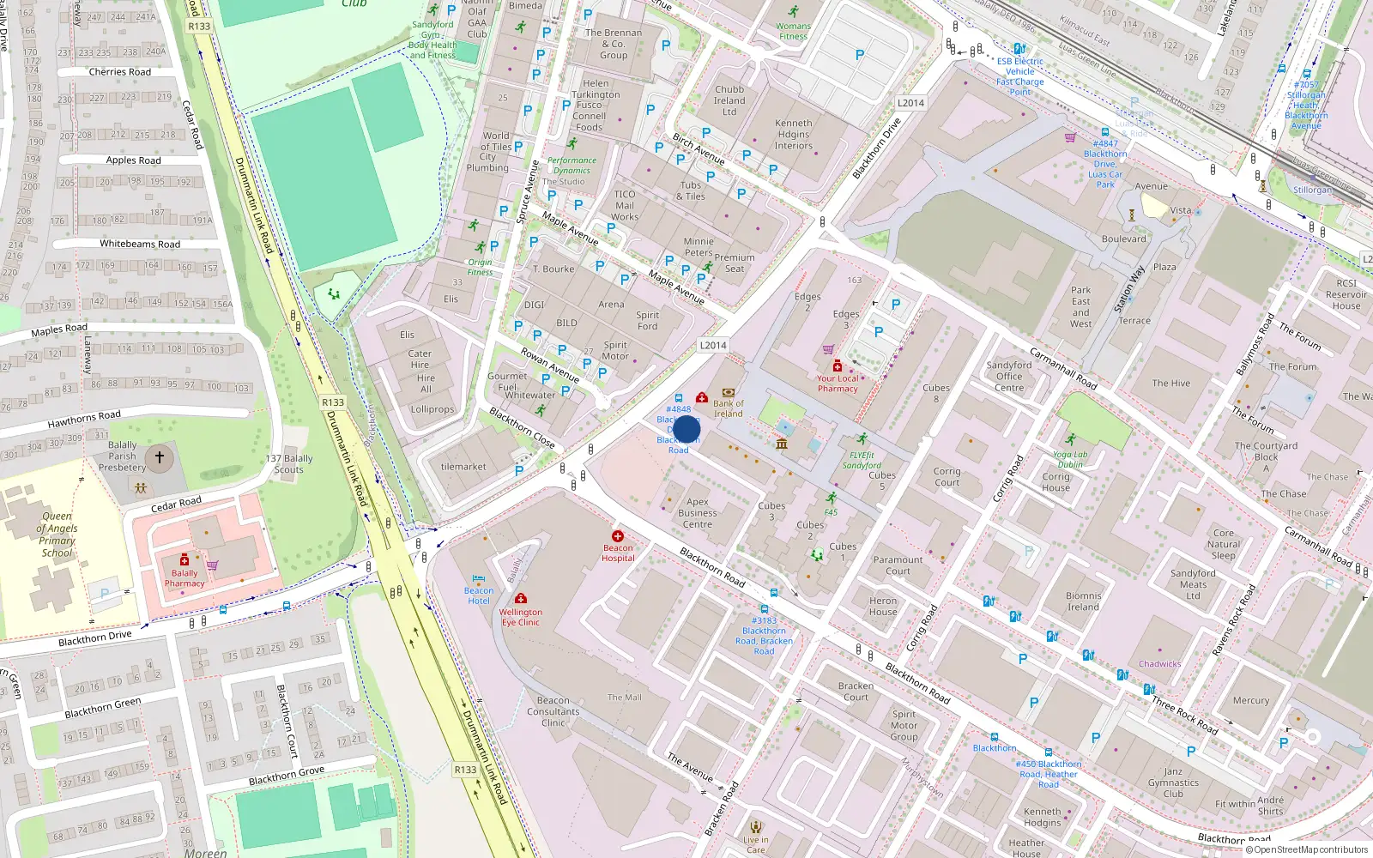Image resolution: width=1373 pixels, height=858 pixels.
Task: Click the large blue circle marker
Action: point(686,430)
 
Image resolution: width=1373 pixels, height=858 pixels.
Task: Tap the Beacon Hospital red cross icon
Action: point(617,536)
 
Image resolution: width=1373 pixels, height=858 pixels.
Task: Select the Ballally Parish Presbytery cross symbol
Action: point(159,458)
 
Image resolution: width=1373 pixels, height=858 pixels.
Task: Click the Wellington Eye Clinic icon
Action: point(520,599)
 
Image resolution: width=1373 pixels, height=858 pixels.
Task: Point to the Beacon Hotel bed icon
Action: point(479,578)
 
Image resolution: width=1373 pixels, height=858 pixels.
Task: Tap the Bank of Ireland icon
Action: point(729,393)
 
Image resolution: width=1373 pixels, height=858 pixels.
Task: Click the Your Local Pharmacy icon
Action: point(838,366)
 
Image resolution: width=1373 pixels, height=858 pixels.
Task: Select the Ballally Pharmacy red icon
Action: point(184,560)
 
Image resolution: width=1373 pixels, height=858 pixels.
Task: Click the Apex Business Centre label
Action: point(698,513)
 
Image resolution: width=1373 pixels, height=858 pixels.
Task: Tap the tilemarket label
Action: point(463,467)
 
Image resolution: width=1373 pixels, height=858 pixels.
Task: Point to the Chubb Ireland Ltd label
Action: point(729,100)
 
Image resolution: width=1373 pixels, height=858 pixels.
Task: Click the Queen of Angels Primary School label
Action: point(57,535)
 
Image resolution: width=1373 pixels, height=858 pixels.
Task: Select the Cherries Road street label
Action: point(119,72)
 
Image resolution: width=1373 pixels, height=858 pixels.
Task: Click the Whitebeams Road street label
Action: point(140,244)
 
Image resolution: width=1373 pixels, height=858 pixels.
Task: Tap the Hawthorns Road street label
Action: point(84,420)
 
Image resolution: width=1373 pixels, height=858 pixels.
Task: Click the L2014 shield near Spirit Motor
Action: point(713,345)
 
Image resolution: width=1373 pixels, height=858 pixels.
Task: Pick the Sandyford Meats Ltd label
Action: point(1193,584)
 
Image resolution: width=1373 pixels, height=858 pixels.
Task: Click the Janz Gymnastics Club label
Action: point(1173,782)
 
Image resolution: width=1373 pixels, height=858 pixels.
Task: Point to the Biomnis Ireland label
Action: point(1083,601)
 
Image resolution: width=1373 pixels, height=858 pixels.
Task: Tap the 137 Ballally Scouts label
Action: point(289,463)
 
